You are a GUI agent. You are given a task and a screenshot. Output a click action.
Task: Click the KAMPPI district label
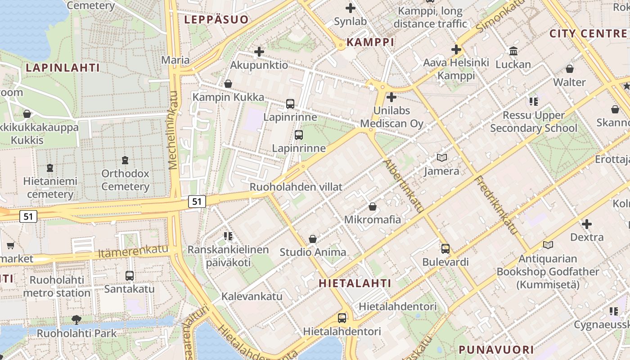pos(370,42)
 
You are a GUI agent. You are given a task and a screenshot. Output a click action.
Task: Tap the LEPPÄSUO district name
pos(216,19)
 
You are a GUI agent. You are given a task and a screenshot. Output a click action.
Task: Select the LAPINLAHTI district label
pos(63,68)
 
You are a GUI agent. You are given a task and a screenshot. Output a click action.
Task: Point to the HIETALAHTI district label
pos(355,283)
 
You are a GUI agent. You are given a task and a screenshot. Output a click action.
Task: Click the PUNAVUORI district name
pos(496,350)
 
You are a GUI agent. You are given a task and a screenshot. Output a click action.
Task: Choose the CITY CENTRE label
pos(588,34)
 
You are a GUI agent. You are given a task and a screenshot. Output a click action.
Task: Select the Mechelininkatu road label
pos(174,130)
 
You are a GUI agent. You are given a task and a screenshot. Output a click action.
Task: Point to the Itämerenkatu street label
pos(133,252)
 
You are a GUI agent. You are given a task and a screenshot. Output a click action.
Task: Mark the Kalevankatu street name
pos(252,296)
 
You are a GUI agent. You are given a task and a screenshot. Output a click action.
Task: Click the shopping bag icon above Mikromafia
pos(373,207)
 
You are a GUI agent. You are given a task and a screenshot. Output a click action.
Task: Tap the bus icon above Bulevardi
pos(445,248)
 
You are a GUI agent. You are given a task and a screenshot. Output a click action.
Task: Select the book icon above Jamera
pos(442,158)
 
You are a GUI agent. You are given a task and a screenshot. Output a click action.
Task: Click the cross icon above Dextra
pos(587,224)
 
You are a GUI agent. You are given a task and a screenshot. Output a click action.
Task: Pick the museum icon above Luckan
pos(513,51)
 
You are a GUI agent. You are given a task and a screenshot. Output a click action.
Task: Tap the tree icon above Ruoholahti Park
pos(76,320)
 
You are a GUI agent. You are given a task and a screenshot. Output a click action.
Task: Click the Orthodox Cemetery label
pos(125,180)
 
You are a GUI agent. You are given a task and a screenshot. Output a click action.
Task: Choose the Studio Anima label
pos(313,252)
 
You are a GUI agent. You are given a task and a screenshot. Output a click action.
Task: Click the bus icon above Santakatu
pos(130,275)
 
